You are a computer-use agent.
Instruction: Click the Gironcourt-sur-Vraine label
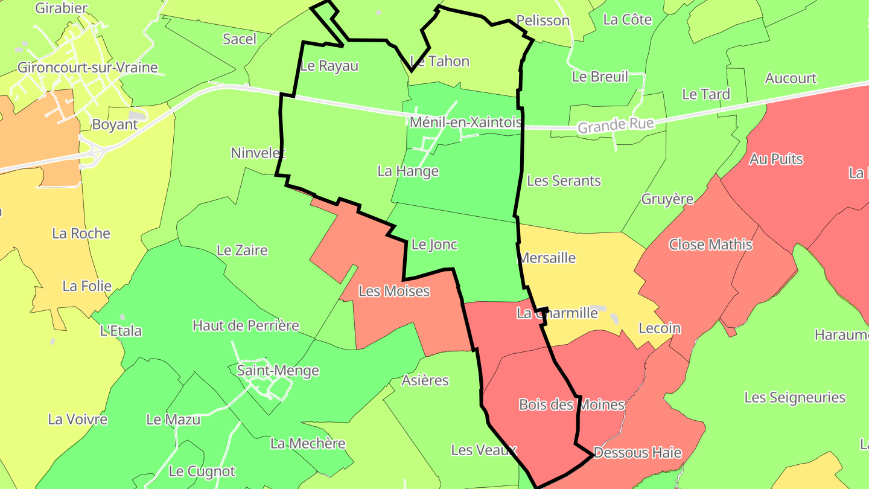coord(88,67)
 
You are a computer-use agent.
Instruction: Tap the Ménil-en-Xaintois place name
coord(465,123)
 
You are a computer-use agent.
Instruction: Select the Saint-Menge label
coord(278,370)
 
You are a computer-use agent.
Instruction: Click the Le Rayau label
coord(329,66)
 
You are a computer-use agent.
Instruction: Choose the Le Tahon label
coord(439,61)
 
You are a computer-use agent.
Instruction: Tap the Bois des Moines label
coord(571,404)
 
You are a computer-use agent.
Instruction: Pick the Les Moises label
coord(394,291)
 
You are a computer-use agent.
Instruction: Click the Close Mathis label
coord(710,245)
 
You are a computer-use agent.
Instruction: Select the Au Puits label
coord(776,159)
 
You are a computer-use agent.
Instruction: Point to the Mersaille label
coord(547,258)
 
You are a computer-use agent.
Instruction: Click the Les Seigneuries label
coord(795,397)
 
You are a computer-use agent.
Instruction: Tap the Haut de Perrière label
coord(246,325)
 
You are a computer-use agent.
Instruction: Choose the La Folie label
coord(87,286)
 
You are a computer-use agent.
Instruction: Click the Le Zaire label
coord(242,250)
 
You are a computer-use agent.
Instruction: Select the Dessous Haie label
coord(637,452)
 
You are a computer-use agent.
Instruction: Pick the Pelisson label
coord(543,21)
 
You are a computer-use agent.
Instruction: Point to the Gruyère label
coord(667,199)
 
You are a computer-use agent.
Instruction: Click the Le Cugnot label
coord(202,471)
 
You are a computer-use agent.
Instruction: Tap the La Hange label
coord(408,171)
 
